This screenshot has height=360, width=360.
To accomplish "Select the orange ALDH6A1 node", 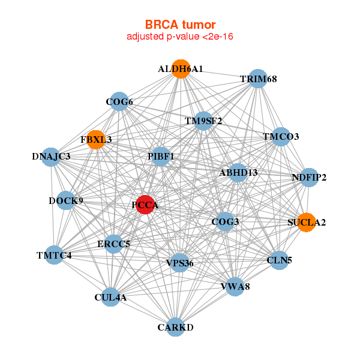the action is pyautogui.click(x=181, y=68).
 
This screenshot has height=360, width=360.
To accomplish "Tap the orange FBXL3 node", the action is pyautogui.click(x=95, y=139).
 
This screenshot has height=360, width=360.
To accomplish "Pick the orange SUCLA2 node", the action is pyautogui.click(x=306, y=222).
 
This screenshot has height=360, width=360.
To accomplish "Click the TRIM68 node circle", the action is pyautogui.click(x=257, y=79).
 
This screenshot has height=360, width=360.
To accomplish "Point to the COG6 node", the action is pyautogui.click(x=119, y=101).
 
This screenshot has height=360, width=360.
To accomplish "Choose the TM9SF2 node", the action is pyautogui.click(x=203, y=121).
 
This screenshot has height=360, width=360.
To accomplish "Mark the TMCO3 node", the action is pyautogui.click(x=280, y=136).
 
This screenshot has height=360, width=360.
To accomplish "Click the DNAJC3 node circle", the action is pyautogui.click(x=51, y=157).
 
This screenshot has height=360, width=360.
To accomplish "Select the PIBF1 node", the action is pyautogui.click(x=160, y=157).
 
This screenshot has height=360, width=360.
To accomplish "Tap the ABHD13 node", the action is pyautogui.click(x=238, y=172).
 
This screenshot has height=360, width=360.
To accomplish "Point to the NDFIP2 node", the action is pyautogui.click(x=308, y=177).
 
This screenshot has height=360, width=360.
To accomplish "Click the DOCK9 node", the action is pyautogui.click(x=66, y=200).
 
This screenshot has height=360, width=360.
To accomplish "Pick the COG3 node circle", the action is pyautogui.click(x=225, y=222).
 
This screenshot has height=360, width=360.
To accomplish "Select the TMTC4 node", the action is pyautogui.click(x=54, y=256).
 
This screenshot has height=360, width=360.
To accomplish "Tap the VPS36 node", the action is pyautogui.click(x=179, y=263).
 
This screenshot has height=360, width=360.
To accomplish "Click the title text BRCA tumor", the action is pyautogui.click(x=180, y=25).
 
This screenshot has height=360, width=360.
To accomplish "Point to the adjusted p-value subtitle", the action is pyautogui.click(x=180, y=37).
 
